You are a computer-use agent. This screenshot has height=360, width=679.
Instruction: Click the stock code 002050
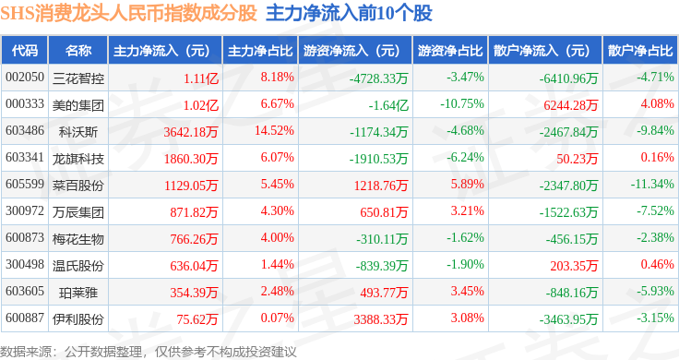tap(25, 78)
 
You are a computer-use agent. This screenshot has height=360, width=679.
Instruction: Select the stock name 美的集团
tap(78, 105)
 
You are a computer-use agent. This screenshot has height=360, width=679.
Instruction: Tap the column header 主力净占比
tap(260, 51)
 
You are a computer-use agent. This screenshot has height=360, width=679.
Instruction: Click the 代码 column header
tap(25, 51)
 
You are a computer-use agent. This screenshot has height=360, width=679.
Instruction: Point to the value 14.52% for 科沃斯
tap(274, 130)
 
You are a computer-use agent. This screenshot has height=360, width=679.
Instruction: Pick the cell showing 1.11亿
tap(201, 78)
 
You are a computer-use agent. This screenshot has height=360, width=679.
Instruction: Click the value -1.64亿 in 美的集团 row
tap(388, 105)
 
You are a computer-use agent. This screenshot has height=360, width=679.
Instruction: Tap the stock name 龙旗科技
tap(78, 159)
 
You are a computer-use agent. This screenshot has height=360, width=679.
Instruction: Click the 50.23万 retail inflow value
tap(578, 159)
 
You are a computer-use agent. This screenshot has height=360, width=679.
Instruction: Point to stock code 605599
tap(25, 184)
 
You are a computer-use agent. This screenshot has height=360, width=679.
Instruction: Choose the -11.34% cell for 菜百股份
tap(652, 184)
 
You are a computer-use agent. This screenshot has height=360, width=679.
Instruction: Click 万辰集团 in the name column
tap(78, 212)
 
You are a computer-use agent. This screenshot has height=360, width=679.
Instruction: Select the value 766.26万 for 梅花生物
tap(194, 239)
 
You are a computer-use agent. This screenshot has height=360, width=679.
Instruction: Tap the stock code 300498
tap(25, 264)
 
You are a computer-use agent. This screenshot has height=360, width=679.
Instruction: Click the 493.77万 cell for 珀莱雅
tap(384, 293)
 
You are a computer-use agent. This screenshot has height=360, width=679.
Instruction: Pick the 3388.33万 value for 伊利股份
tap(381, 319)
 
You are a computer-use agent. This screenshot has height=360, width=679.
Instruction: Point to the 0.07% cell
tap(277, 318)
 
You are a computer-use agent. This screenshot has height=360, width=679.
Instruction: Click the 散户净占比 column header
tap(640, 51)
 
